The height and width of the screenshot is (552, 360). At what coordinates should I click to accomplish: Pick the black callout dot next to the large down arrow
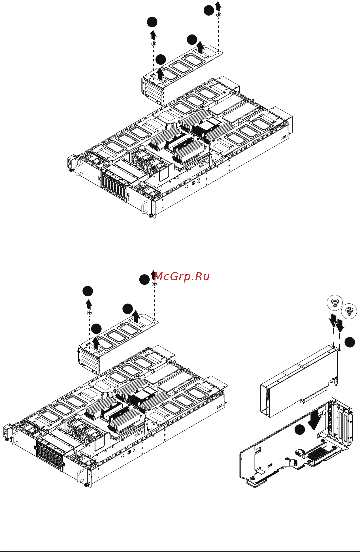(x=299, y=429)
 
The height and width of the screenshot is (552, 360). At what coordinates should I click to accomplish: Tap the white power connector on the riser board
(x=299, y=452)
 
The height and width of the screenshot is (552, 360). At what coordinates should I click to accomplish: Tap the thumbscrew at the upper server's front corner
(x=150, y=216)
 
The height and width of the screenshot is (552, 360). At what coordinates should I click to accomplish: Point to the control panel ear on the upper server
(x=71, y=163)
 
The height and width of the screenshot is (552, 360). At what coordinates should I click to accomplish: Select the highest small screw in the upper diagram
(x=219, y=15)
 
